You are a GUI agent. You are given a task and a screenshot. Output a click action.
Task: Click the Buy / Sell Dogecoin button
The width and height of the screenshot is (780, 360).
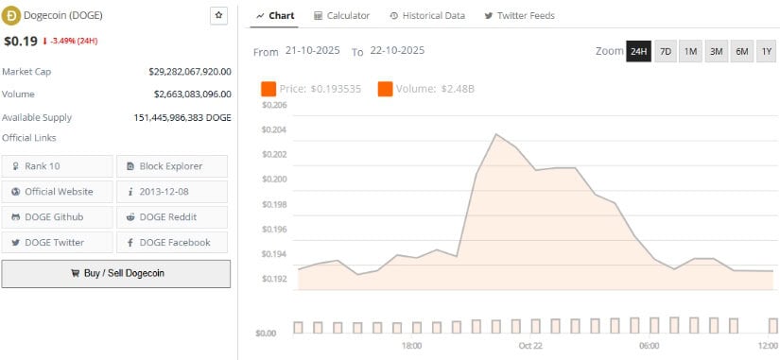coord(115,273)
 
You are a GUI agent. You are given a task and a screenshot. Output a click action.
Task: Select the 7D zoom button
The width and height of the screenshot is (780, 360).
coord(665,51)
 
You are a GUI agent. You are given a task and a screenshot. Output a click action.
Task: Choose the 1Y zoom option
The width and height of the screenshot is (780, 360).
coord(766,51)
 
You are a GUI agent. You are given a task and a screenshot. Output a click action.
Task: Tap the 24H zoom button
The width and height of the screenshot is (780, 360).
coord(638,51)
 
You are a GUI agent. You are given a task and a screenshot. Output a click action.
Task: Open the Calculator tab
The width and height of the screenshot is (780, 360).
coord(341,16)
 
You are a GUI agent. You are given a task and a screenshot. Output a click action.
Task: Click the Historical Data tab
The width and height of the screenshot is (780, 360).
coord(426,16)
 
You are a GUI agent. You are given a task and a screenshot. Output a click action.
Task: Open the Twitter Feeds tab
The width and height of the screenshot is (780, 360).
coord(519,16)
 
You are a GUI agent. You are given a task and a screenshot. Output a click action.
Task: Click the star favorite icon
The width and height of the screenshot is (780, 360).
coord(218,15)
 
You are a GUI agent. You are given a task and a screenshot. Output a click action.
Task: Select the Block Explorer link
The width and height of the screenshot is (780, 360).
coord(171,166)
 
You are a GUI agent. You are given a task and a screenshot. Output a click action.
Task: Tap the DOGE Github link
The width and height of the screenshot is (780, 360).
coord(57,216)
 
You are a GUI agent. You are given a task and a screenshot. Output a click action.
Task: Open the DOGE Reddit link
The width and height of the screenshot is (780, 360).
coord(171,216)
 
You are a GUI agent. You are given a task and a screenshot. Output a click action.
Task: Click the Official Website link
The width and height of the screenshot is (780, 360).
coord(59,191)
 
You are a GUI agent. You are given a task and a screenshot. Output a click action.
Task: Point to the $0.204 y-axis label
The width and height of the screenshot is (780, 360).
coord(273,129)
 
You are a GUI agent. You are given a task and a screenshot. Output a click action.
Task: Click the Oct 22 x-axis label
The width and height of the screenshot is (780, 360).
coord(530,347)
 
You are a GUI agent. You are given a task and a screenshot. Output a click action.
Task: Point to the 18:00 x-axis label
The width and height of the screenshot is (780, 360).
coord(411,347)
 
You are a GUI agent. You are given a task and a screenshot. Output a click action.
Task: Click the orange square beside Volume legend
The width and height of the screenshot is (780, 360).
coord(385,89)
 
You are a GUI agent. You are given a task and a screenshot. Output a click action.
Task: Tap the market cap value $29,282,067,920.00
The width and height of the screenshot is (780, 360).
coord(189,71)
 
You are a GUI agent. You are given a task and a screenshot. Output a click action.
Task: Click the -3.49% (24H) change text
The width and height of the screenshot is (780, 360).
coord(75,42)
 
